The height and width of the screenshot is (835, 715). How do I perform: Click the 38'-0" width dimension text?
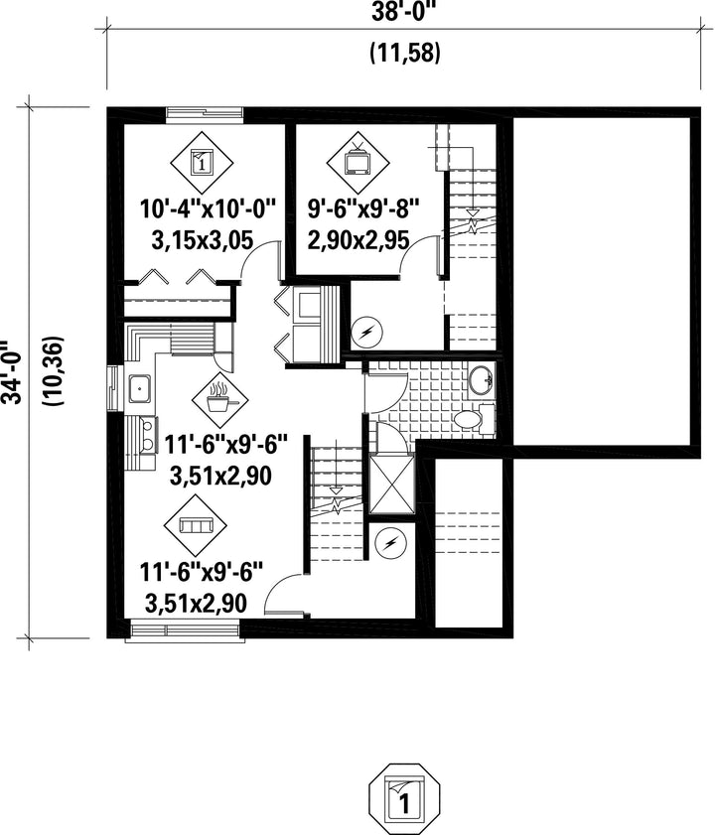pyautogui.click(x=403, y=12)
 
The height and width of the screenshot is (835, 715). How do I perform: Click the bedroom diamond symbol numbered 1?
pyautogui.click(x=202, y=163)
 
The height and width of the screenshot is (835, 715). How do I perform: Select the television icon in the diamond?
pyautogui.click(x=358, y=163)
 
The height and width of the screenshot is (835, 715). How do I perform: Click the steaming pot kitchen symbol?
pyautogui.click(x=219, y=400)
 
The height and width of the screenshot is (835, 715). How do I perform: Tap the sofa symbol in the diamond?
pyautogui.click(x=196, y=525)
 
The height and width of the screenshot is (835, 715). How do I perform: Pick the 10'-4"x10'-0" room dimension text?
pyautogui.click(x=209, y=209)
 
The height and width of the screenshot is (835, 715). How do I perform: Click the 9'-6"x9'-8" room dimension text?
pyautogui.click(x=362, y=209)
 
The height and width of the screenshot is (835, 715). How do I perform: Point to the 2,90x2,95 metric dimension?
pyautogui.click(x=358, y=239)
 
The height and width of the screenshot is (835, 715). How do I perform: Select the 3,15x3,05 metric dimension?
pyautogui.click(x=202, y=240)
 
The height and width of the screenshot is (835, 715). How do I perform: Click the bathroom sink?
pyautogui.click(x=483, y=380)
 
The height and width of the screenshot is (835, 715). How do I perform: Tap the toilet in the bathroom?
pyautogui.click(x=474, y=418)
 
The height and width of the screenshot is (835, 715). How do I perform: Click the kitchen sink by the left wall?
pyautogui.click(x=140, y=388)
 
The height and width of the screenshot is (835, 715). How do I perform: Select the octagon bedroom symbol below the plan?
pyautogui.click(x=405, y=797)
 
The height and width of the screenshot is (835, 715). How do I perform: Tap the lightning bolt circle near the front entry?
pyautogui.click(x=390, y=543)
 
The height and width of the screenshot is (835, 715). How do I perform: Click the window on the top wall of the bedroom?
pyautogui.click(x=205, y=114)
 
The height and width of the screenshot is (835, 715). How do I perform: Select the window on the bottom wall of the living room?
pyautogui.click(x=185, y=631)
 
